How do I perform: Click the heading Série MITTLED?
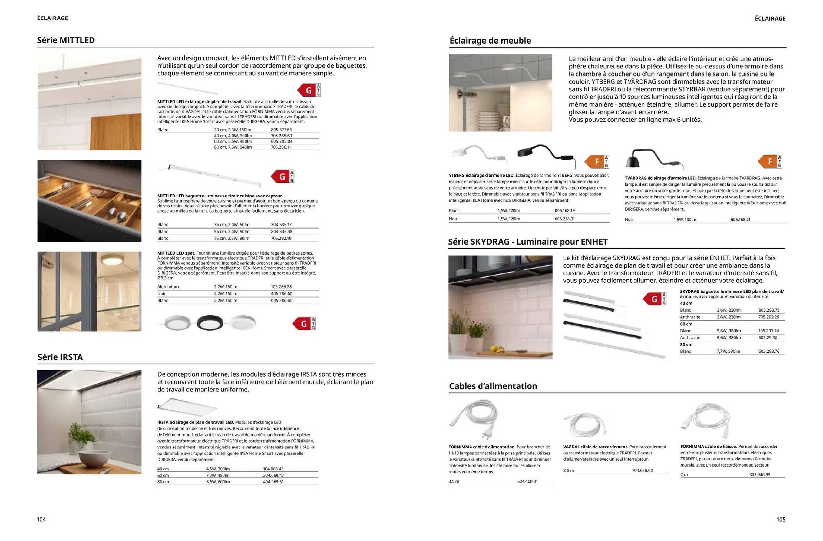tap(66, 40)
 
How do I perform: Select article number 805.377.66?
tap(281, 130)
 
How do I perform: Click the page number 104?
tap(41, 519)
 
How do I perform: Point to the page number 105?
tap(781, 519)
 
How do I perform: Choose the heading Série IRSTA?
tap(60, 357)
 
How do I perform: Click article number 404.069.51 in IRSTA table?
tap(273, 481)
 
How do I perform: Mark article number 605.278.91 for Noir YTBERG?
tap(564, 219)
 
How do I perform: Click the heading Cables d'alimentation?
tap(493, 386)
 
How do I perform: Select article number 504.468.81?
tap(527, 481)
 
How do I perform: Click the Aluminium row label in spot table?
tap(168, 287)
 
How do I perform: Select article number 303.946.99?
tap(759, 474)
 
